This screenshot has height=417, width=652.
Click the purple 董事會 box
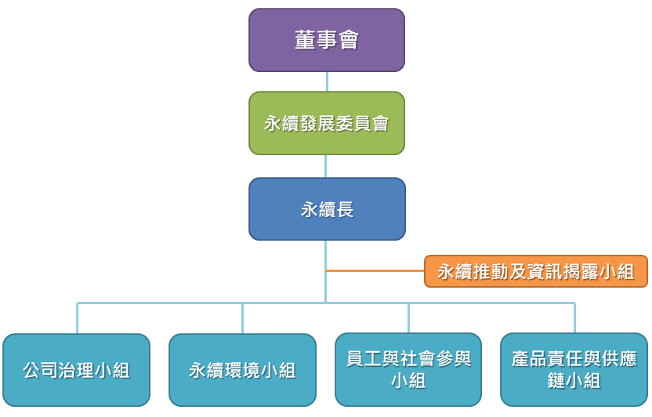[x=327, y=40]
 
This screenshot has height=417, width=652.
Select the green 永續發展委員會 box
[x=327, y=123]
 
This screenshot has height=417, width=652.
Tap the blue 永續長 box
[x=327, y=209]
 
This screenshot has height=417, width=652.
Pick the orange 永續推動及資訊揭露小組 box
[x=536, y=271]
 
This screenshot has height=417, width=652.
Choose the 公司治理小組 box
[x=76, y=370]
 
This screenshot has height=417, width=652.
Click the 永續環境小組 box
[x=242, y=370]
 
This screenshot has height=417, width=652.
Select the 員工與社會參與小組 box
[x=408, y=370]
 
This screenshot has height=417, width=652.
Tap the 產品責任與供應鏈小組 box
[x=574, y=370]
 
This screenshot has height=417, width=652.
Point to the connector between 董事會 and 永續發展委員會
[x=327, y=82]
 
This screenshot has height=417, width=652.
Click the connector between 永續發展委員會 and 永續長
[x=327, y=166]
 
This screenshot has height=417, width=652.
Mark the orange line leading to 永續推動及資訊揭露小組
[x=375, y=271]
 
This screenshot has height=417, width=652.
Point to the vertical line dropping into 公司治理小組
[x=77, y=318]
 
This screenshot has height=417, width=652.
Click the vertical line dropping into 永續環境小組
[x=242, y=318]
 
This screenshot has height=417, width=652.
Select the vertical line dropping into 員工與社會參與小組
[x=408, y=318]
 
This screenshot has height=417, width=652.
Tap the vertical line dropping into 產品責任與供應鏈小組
[x=574, y=318]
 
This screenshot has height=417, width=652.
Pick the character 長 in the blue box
[x=345, y=209]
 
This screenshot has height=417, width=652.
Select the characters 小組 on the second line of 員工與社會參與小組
[x=408, y=381]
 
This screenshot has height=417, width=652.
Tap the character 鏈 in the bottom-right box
[x=557, y=381]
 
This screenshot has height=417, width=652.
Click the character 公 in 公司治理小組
[x=32, y=371]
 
